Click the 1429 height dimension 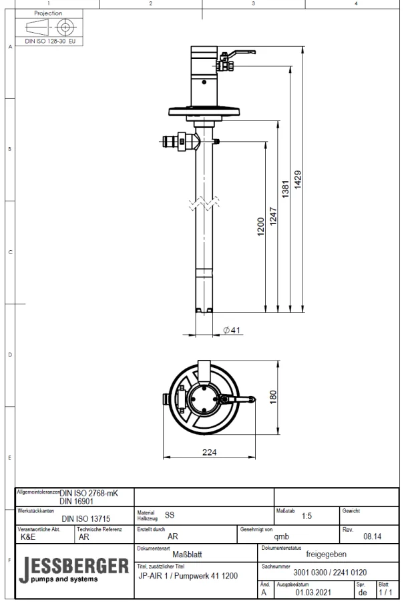pyautogui.click(x=298, y=180)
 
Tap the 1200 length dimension pyautogui.click(x=261, y=227)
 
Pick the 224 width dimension pyautogui.click(x=210, y=451)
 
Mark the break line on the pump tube pyautogui.click(x=204, y=205)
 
